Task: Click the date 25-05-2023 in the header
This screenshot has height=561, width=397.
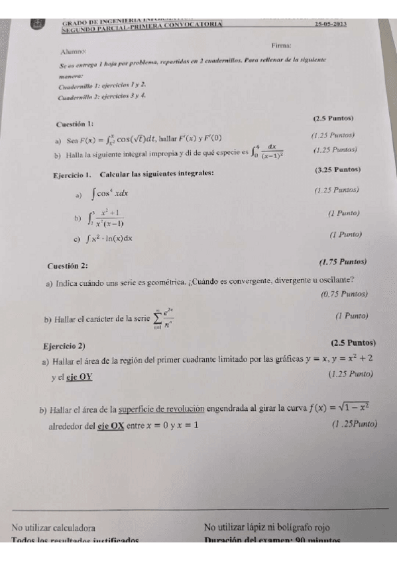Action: click(x=332, y=24)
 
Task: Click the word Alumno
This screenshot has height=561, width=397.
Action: click(x=74, y=51)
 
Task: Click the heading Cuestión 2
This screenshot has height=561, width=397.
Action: click(x=68, y=266)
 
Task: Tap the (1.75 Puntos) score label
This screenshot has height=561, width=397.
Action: click(x=343, y=262)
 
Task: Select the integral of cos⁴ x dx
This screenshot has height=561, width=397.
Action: click(x=110, y=194)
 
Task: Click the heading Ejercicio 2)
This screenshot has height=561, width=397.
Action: click(x=63, y=346)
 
